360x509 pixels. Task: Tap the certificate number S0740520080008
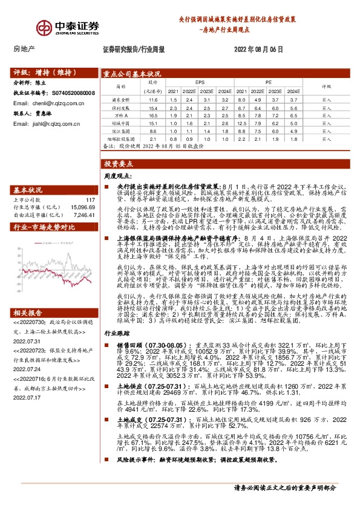pos(72,94)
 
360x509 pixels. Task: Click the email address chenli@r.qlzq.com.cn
pos(58,103)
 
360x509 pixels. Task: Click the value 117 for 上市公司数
pos(91,200)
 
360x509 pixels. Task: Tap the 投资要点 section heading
pos(119,164)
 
